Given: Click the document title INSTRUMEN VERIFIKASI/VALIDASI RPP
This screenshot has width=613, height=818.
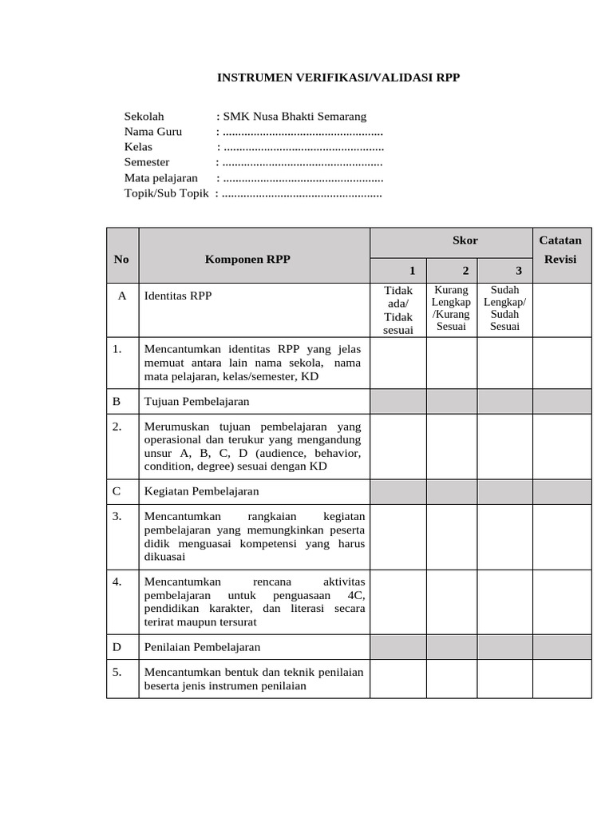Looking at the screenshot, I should coord(339,78).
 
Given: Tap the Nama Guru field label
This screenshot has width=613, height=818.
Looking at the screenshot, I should coord(152,132).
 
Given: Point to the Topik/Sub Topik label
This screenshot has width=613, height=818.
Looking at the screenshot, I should coord(166,193).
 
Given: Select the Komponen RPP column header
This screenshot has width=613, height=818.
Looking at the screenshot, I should coord(247,259).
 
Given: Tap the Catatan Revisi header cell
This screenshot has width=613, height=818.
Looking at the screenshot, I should coord(561,250).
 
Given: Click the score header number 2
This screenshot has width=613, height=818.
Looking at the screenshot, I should coord(465,271).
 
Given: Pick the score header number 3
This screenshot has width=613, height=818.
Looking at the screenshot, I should coord(518,271).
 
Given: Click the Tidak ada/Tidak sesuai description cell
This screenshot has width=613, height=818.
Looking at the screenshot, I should coord(398,310).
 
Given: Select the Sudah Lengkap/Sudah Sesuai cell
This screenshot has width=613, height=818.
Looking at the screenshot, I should coord(504,308).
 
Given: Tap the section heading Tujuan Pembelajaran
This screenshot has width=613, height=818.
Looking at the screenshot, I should coord(196,402).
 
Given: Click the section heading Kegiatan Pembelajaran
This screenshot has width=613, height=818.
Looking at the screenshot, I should coord(201,491).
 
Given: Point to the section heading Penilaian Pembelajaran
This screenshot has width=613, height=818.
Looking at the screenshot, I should coord(203,647).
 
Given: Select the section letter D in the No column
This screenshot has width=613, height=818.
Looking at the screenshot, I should coord(117,647).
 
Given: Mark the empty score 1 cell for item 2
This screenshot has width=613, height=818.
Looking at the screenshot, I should coord(398,447).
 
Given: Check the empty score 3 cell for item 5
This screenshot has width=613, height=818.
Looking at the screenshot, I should coord(504,679).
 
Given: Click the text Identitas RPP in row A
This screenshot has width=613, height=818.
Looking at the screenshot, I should coord(177,296).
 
